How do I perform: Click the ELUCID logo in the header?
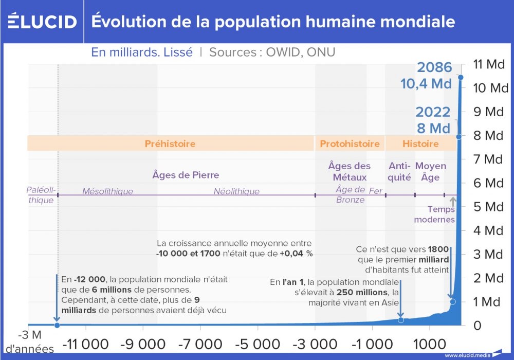coord(42,22)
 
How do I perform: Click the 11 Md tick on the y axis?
coord(488,64)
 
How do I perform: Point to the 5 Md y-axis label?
coord(488,207)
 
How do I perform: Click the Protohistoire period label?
coord(350,143)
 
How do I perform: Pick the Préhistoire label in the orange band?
coord(170,143)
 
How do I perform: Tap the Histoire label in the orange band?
coord(420,143)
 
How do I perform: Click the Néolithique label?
coord(236,191)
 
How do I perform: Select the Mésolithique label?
coord(107,191)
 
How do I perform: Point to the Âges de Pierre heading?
coord(186,175)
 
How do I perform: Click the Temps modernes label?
coord(441,214)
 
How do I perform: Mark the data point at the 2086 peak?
coord(461,78)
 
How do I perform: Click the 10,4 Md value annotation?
coord(426,84)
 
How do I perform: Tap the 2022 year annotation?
coord(433,112)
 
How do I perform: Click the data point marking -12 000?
coord(57,325)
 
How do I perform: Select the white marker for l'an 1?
coord(401,320)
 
